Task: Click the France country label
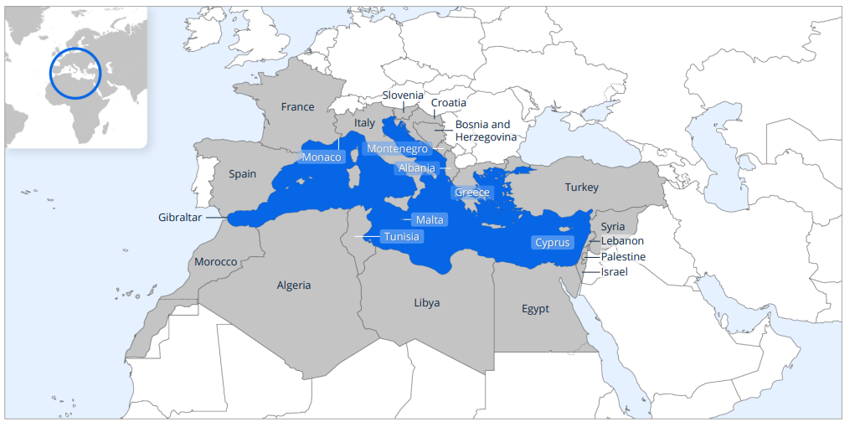[x=297, y=107]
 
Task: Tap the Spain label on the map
[x=243, y=174]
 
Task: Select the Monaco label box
[x=322, y=157]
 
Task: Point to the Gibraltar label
[x=180, y=218]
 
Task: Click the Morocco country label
[x=216, y=262]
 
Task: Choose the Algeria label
[x=294, y=286]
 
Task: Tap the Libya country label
[x=426, y=302]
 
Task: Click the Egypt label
[x=535, y=309]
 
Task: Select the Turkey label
[x=581, y=188]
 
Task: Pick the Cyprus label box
[x=553, y=243]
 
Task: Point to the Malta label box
[x=430, y=220]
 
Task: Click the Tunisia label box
[x=401, y=237]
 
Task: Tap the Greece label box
[x=471, y=193]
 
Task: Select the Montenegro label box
[x=398, y=149]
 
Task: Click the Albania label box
[x=416, y=168]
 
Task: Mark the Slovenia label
[x=403, y=95]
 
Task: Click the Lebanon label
[x=622, y=241]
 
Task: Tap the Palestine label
[x=623, y=257]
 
